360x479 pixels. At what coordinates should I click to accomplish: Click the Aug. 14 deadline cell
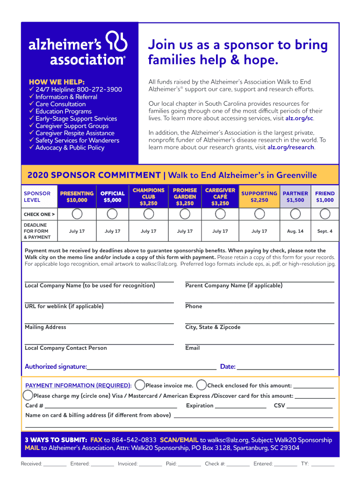click(295, 231)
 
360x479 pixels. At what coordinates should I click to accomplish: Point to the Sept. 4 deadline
click(325, 231)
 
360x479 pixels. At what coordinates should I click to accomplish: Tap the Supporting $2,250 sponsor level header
click(259, 196)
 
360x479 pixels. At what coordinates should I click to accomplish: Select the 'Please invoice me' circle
click(140, 385)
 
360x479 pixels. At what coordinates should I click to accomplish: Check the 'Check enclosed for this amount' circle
click(202, 385)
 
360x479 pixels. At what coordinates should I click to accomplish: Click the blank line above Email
click(259, 343)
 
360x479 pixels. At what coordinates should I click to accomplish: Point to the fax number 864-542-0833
click(134, 440)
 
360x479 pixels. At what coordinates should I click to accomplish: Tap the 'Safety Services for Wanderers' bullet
click(77, 140)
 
